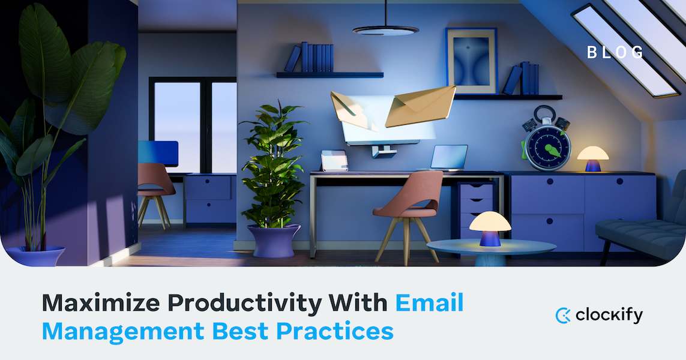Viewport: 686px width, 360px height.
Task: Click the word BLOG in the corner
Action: pos(615,52)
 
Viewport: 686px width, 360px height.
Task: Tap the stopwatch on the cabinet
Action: pos(545,142)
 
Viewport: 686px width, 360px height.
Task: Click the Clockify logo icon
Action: pos(562,315)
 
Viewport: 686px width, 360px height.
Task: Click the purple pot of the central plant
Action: pos(274,241)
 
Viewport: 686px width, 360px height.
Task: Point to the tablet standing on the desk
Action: pos(334,160)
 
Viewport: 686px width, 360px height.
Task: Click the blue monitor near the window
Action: pos(158,152)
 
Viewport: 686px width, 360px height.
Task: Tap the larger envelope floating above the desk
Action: pos(420,106)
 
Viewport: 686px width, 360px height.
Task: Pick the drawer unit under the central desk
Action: pos(476,207)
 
